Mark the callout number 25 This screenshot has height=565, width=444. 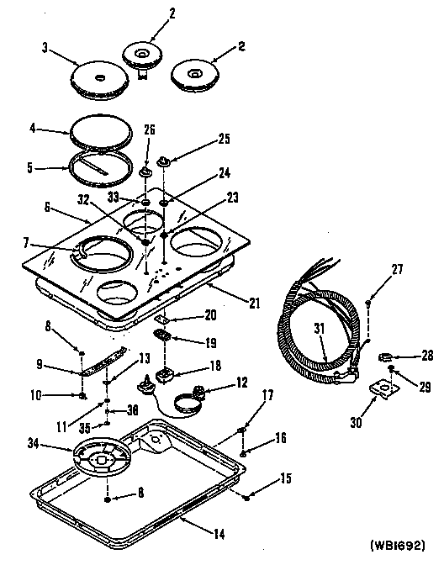click(x=224, y=138)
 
